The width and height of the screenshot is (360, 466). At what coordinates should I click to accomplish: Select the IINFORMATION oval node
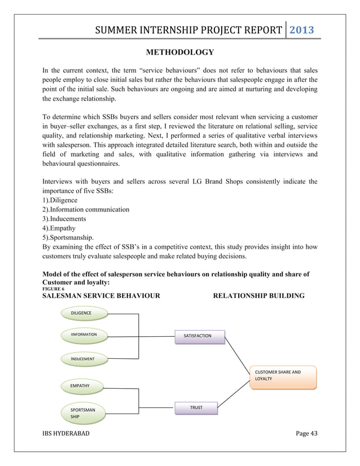[84, 335]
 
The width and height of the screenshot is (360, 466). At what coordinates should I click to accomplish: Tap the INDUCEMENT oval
[82, 358]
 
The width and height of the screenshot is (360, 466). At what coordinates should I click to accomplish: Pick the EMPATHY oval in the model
[80, 385]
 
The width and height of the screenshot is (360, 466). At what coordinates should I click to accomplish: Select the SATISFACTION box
[200, 336]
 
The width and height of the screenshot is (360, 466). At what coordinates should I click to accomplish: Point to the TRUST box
[196, 407]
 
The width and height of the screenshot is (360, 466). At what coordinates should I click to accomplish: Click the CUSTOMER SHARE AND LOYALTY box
[282, 376]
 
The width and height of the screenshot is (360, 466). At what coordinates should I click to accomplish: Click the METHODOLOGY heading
[179, 52]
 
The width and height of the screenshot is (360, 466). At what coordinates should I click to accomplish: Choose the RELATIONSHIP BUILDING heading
[258, 296]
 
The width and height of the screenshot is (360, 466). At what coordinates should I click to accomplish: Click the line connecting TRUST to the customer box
[232, 396]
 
